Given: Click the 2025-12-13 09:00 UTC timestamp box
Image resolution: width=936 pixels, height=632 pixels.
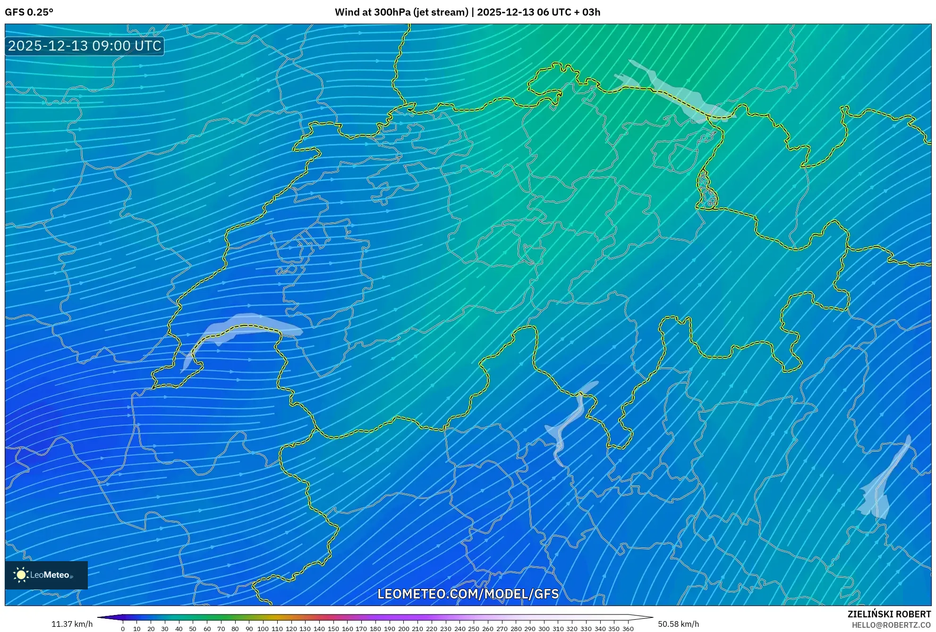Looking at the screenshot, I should coord(85,46).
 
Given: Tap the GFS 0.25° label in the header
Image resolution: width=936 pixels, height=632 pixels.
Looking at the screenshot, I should coord(29,12).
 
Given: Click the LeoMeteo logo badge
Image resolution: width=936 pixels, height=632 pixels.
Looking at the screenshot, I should coord(46,575).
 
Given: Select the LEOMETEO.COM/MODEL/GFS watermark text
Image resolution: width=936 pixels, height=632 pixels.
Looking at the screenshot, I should coord(468,594).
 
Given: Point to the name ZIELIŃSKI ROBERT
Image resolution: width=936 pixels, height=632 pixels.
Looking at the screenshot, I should coord(889,614).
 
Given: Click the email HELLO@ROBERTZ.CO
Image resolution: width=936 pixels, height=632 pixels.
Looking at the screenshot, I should coord(891,625).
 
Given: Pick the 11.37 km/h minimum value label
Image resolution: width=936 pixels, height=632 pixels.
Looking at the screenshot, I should coord(72,624).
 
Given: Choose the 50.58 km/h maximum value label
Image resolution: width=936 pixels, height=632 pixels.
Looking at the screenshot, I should coord(678,624).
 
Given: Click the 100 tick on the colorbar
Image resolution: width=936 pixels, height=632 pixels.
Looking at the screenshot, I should coord(263,628).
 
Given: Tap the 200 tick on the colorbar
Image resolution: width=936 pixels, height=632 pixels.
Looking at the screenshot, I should coord(403,628).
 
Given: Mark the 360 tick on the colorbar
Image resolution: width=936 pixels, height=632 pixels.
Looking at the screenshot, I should coord(628,628).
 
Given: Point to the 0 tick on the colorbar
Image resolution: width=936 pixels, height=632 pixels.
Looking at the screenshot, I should coord(123,628).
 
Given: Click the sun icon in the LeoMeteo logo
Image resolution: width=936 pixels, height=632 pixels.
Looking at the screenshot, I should coord(21,575).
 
